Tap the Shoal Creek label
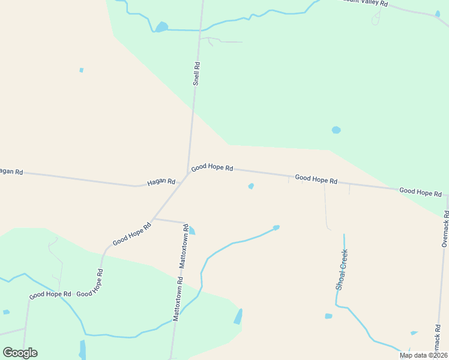342,270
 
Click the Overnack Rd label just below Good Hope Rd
445,228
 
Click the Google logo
20,353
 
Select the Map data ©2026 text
423,355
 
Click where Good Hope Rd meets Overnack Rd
447,194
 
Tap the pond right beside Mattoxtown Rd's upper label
191,230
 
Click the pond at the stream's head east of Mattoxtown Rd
276,227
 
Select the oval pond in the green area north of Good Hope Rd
336,130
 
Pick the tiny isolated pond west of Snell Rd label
82,70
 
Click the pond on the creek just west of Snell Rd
161,26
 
